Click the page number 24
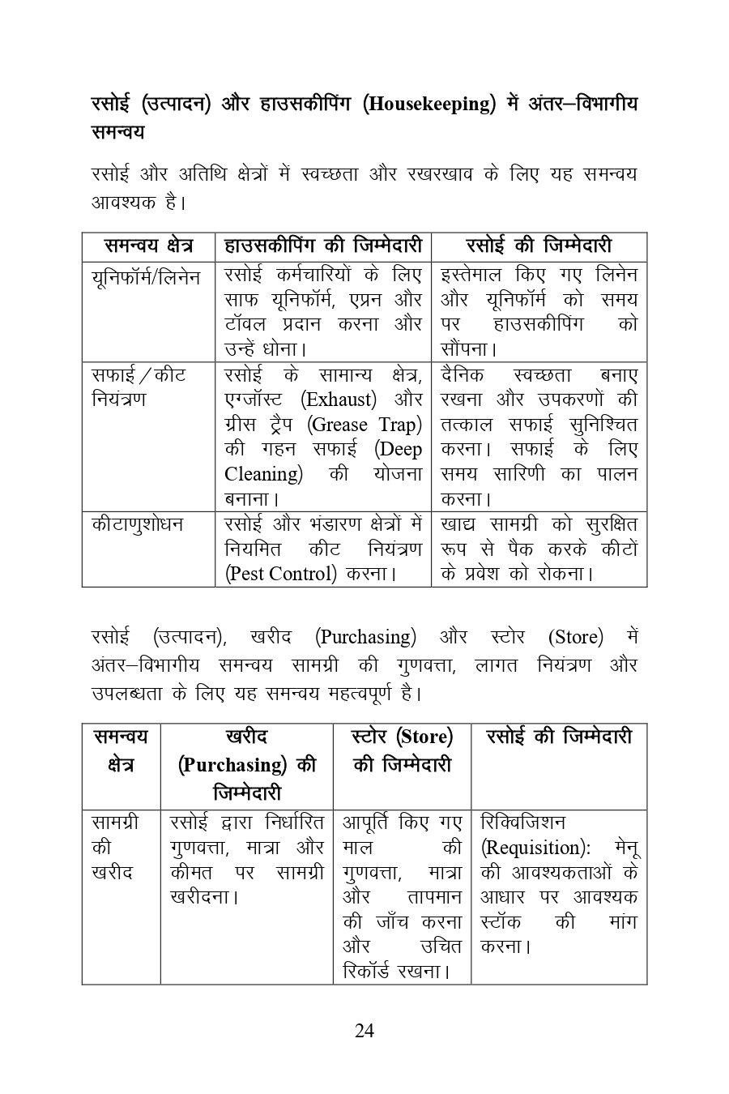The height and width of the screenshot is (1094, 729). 364,1030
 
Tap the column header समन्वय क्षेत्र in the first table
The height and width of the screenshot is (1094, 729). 148,246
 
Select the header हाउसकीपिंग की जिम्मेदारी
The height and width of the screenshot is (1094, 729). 323,246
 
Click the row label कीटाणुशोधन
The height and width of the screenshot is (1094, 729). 138,524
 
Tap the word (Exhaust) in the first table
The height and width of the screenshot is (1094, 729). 339,400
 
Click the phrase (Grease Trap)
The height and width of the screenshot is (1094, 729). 366,425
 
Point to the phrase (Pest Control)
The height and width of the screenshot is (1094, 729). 280,574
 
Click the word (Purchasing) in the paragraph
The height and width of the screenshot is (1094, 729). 365,637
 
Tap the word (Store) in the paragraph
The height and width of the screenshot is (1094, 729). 575,637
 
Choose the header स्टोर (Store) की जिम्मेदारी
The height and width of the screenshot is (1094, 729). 402,750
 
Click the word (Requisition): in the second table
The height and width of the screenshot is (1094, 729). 535,848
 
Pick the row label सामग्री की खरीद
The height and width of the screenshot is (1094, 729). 114,848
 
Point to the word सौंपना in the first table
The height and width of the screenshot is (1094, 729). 466,349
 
